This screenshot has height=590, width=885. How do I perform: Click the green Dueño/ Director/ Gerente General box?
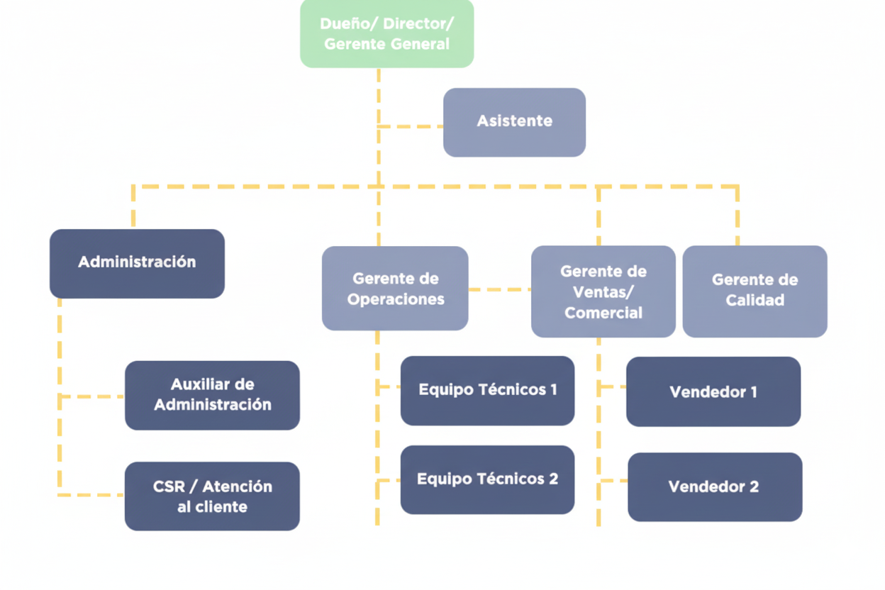(x=386, y=33)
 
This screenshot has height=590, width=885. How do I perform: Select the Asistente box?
(x=514, y=122)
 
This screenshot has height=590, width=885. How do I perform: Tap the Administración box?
(x=137, y=263)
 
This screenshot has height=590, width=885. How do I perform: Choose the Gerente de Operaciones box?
(x=395, y=288)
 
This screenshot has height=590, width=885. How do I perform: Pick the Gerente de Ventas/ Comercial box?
(x=603, y=291)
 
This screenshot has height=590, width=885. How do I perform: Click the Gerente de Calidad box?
(x=755, y=291)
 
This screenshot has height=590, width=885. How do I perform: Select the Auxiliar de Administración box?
(x=212, y=395)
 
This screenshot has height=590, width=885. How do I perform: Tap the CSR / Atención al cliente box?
(x=212, y=496)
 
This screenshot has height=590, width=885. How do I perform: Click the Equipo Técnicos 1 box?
(x=487, y=390)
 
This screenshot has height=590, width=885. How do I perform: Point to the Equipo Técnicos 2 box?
(x=487, y=479)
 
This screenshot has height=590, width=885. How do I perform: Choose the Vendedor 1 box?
(x=713, y=391)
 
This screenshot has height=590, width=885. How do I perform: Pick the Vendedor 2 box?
(x=714, y=486)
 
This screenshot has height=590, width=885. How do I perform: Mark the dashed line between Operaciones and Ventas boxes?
(x=499, y=289)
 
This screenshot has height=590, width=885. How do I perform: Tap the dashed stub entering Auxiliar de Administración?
(x=92, y=396)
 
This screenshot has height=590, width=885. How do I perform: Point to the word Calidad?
(x=755, y=301)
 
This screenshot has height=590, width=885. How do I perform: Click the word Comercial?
(x=603, y=313)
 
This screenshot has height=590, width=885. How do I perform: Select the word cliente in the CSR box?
(x=221, y=507)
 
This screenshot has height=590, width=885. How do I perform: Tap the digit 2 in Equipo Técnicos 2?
(x=552, y=479)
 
